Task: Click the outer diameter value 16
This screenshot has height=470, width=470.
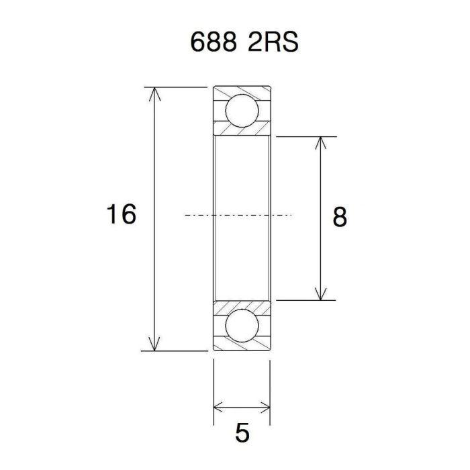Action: click(121, 216)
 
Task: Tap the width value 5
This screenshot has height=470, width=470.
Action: click(242, 432)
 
